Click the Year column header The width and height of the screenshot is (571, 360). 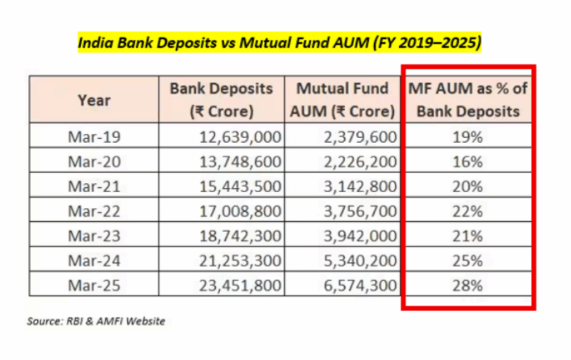point(94,100)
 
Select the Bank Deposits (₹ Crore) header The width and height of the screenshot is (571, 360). point(221,100)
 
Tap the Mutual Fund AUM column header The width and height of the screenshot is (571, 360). point(342,100)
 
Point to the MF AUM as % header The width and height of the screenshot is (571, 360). point(468,100)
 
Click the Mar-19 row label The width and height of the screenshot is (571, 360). point(94,137)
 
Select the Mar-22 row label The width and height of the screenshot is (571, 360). point(94,211)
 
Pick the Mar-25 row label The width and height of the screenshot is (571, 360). point(94,285)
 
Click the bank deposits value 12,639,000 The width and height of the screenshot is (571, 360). point(240,137)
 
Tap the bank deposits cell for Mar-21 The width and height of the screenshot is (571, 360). point(240,187)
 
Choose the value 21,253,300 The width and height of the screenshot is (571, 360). point(240,261)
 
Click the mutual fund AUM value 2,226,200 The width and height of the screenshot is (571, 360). point(360,162)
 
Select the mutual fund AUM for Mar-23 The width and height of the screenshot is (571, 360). point(360,236)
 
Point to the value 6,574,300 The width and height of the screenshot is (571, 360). point(360,286)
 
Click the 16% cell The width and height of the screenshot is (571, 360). point(468,162)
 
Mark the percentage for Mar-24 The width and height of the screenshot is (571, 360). point(468,261)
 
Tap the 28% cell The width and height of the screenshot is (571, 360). point(468,285)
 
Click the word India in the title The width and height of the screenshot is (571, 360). point(96,42)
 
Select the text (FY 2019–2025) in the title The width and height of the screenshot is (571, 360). point(427,42)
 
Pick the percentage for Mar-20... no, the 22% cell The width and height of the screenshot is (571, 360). point(468,211)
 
